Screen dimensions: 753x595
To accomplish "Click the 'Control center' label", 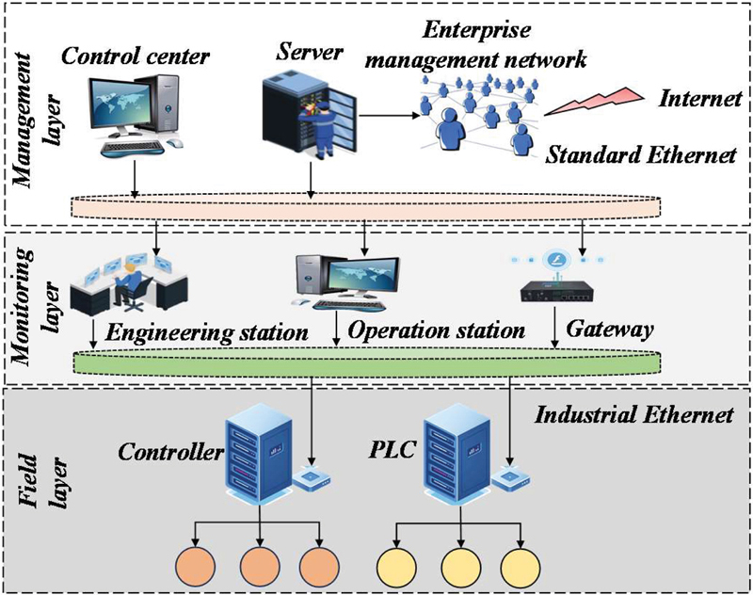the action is [x=136, y=56].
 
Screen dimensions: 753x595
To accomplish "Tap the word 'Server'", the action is [x=310, y=52].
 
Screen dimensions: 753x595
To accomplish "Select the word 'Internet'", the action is [x=700, y=99].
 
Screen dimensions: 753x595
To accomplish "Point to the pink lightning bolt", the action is [x=594, y=102].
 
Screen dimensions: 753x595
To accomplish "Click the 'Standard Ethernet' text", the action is [x=640, y=154].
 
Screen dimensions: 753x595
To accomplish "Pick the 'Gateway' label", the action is [x=609, y=329].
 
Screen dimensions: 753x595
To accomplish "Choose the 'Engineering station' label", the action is [x=206, y=332].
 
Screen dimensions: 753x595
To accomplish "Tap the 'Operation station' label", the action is [x=436, y=330].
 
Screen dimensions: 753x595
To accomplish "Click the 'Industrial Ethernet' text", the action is [x=633, y=414].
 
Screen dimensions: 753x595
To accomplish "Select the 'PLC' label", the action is [x=391, y=450].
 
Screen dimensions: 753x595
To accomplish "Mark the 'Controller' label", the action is [x=170, y=451].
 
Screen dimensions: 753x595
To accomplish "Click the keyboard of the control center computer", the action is [x=132, y=149].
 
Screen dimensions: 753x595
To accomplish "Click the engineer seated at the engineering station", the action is [x=128, y=284].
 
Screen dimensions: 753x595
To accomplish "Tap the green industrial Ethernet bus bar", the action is [x=367, y=362].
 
